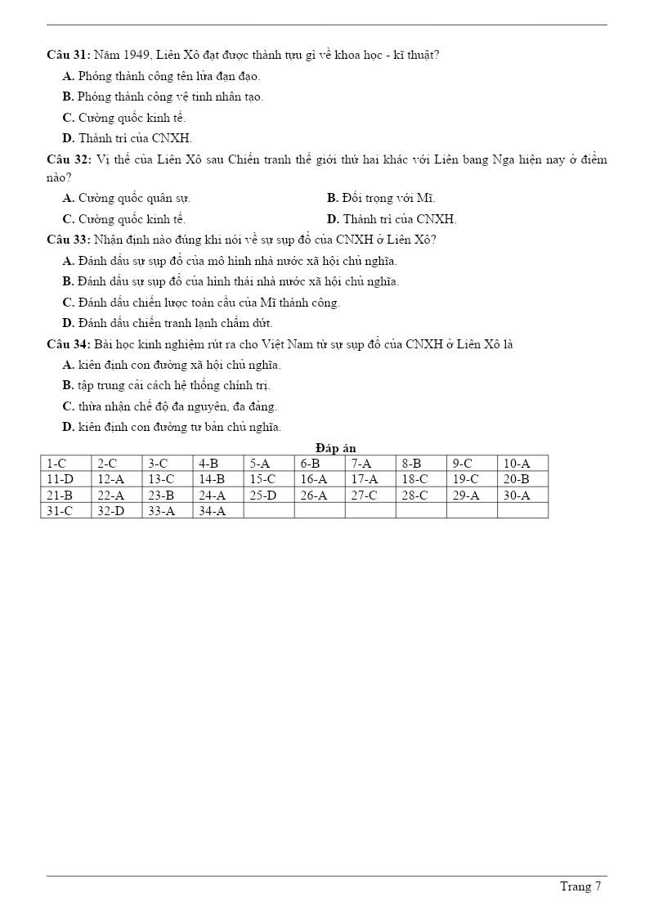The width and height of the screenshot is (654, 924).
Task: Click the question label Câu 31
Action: (x=68, y=55)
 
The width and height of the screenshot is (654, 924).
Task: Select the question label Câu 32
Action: (x=68, y=159)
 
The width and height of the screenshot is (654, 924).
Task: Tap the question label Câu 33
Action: (x=68, y=240)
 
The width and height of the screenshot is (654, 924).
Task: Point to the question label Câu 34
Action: (x=68, y=344)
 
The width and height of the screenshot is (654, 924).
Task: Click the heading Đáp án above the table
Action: (x=335, y=448)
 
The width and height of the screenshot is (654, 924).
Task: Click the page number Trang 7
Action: (x=580, y=886)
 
